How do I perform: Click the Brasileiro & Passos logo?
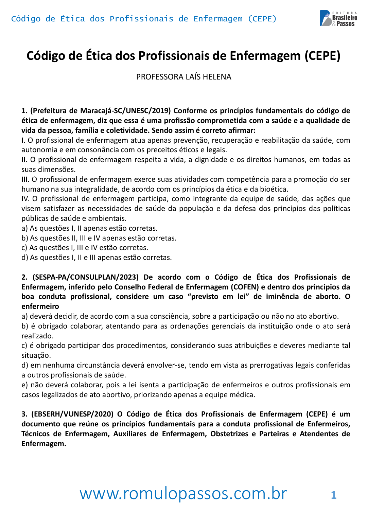point(338,18)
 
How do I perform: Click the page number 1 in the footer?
point(333,495)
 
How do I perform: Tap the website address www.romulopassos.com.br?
point(183,493)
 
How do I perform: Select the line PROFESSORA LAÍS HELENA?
point(183,77)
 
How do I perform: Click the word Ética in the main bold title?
point(99,56)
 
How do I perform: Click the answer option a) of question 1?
point(89,228)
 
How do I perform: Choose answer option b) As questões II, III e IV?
point(99,238)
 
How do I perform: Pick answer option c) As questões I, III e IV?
point(85,248)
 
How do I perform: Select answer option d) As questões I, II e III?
point(97,258)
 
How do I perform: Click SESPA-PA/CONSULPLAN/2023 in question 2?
point(86,277)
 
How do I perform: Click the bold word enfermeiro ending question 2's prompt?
point(40,306)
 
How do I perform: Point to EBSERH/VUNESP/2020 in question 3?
point(72,414)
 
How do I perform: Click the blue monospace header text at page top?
point(144,19)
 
